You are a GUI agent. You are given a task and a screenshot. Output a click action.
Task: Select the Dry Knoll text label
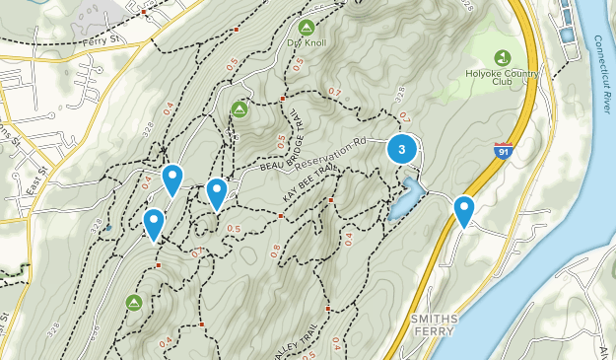click(307, 43)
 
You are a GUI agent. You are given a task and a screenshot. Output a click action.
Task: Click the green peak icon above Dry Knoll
click(307, 27)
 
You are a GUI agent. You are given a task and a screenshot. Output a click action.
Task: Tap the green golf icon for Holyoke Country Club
click(503, 57)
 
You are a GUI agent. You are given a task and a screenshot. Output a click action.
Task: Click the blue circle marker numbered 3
click(401, 150)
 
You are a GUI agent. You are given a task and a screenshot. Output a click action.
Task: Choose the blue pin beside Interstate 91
click(463, 210)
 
